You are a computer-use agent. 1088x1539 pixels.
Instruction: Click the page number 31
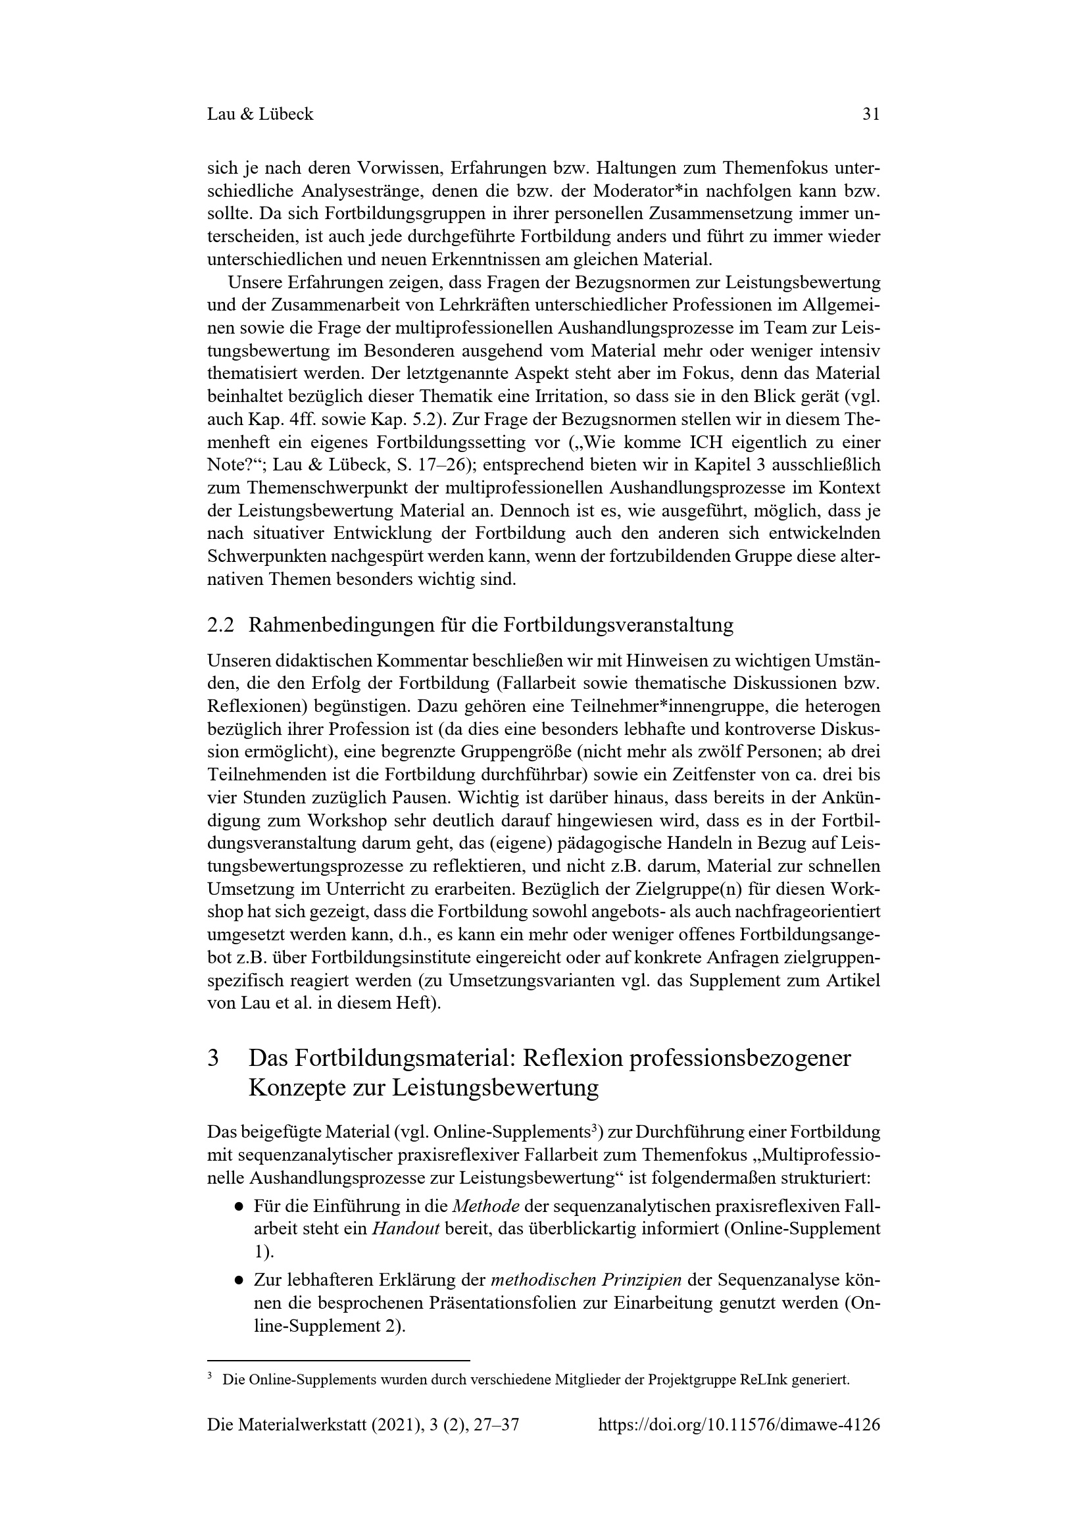(870, 114)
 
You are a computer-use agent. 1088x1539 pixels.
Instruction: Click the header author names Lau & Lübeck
(260, 114)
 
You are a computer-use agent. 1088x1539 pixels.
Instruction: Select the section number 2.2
(220, 625)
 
